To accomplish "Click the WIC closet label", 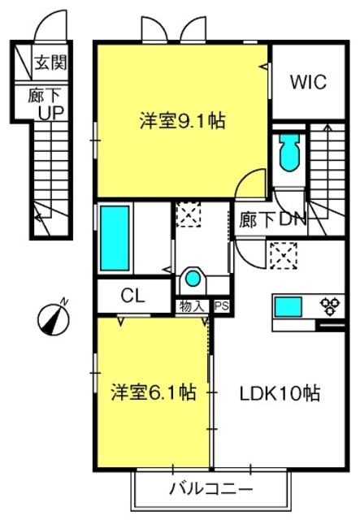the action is click(x=309, y=82).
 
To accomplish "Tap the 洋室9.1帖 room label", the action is click(x=182, y=121).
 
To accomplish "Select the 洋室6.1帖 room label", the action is click(x=154, y=392).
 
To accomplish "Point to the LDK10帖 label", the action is click(x=280, y=393).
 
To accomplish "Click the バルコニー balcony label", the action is click(x=211, y=489).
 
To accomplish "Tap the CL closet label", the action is click(x=132, y=295).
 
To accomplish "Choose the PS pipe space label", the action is click(x=222, y=305).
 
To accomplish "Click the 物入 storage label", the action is click(x=192, y=305).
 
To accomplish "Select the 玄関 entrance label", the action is click(x=50, y=63).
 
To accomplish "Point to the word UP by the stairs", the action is click(x=50, y=113).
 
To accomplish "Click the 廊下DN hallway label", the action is click(x=273, y=219).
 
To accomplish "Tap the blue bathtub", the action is click(x=115, y=238).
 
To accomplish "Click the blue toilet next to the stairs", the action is click(x=289, y=152).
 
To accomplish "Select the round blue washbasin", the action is click(x=193, y=278).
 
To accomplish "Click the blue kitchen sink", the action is click(x=288, y=307).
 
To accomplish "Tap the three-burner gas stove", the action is click(x=330, y=306).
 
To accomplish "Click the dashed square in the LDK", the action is click(x=284, y=255).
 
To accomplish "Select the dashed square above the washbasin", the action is click(x=189, y=214).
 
